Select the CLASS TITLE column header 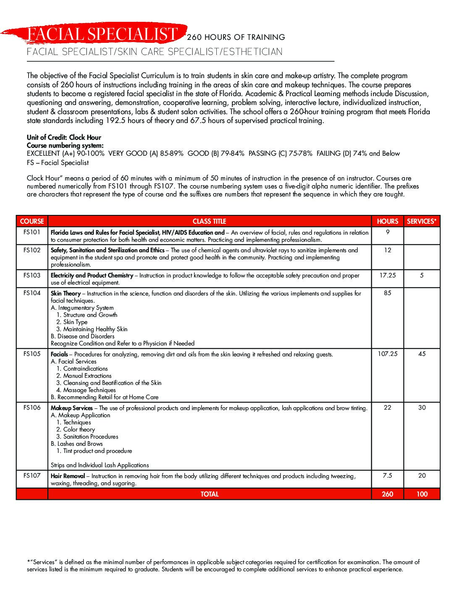pyautogui.click(x=209, y=221)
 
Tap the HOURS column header pyautogui.click(x=387, y=221)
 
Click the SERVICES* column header pyautogui.click(x=421, y=221)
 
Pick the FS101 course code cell pyautogui.click(x=32, y=232)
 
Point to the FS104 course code pyautogui.click(x=32, y=293)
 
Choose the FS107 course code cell pyautogui.click(x=32, y=476)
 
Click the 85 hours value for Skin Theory pyautogui.click(x=387, y=293)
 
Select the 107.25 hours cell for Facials pyautogui.click(x=387, y=354)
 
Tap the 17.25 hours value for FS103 pyautogui.click(x=387, y=275)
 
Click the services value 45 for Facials pyautogui.click(x=422, y=354)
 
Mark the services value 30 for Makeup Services pyautogui.click(x=422, y=408)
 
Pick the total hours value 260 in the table pyautogui.click(x=387, y=494)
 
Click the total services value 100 pyautogui.click(x=422, y=494)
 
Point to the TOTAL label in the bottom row pyautogui.click(x=209, y=494)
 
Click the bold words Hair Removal pyautogui.click(x=68, y=476)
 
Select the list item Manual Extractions pyautogui.click(x=87, y=376)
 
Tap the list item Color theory pyautogui.click(x=79, y=429)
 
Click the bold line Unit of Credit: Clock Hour pyautogui.click(x=64, y=137)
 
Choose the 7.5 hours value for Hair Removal pyautogui.click(x=387, y=476)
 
